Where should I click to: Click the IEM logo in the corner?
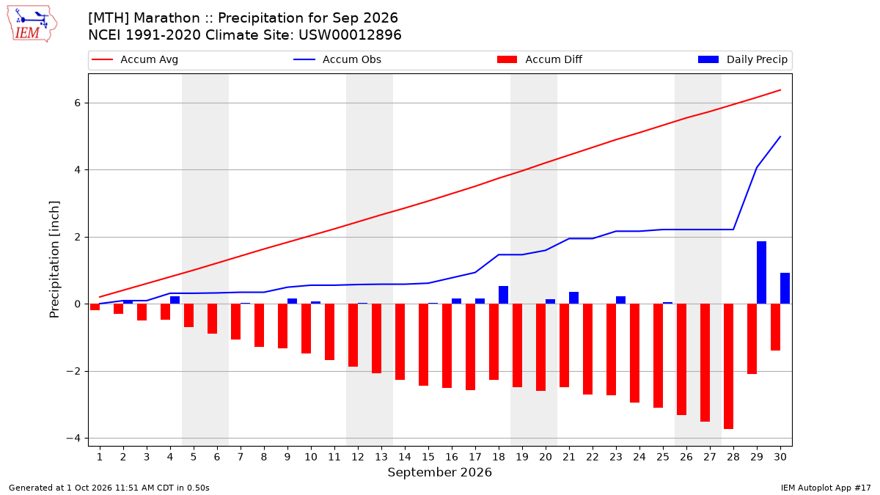click(32, 24)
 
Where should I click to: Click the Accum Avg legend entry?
click(135, 59)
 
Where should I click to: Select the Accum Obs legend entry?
click(337, 59)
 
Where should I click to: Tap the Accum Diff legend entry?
click(540, 59)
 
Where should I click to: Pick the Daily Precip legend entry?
click(742, 59)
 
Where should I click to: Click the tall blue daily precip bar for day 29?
click(761, 273)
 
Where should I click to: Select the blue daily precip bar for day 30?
click(785, 288)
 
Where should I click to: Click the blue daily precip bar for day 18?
click(503, 295)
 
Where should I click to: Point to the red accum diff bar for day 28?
click(728, 367)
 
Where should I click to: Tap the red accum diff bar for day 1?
click(95, 307)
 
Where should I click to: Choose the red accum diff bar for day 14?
click(400, 342)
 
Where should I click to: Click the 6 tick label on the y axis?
click(78, 103)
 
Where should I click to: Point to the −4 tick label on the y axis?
click(73, 438)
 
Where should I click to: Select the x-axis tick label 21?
click(569, 457)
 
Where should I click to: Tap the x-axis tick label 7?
click(241, 457)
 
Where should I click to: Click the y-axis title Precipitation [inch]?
click(54, 260)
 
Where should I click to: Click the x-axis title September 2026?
click(439, 472)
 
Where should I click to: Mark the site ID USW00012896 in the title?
click(350, 35)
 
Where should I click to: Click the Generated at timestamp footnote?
click(109, 488)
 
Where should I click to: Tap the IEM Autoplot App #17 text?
click(826, 488)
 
